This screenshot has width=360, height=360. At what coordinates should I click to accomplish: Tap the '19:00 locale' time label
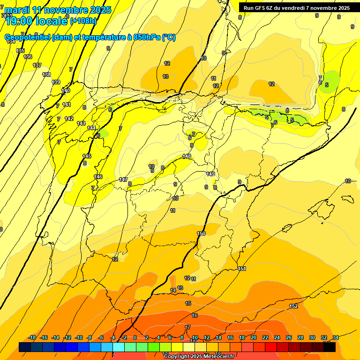(37, 20)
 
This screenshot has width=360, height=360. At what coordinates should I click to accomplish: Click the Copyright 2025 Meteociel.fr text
(199, 356)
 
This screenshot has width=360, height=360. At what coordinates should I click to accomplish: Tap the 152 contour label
(293, 306)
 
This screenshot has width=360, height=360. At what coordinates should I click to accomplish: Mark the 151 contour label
(242, 269)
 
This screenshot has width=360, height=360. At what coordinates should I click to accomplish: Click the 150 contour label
(201, 233)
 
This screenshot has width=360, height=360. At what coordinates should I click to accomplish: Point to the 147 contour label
(123, 180)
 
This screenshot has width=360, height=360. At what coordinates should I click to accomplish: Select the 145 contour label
(87, 156)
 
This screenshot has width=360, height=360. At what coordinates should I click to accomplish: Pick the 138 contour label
(46, 75)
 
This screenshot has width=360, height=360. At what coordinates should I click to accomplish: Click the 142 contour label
(69, 118)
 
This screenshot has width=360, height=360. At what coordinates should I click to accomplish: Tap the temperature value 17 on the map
(187, 327)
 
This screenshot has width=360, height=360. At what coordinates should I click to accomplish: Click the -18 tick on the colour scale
(32, 337)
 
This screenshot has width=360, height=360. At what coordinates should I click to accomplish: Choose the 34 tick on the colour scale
(336, 337)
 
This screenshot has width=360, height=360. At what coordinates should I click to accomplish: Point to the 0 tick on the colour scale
(135, 337)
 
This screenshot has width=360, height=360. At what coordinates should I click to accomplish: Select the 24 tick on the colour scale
(277, 337)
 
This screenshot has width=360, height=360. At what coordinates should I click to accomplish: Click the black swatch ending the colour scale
(330, 347)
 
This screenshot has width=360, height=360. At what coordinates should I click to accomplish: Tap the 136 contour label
(28, 57)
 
